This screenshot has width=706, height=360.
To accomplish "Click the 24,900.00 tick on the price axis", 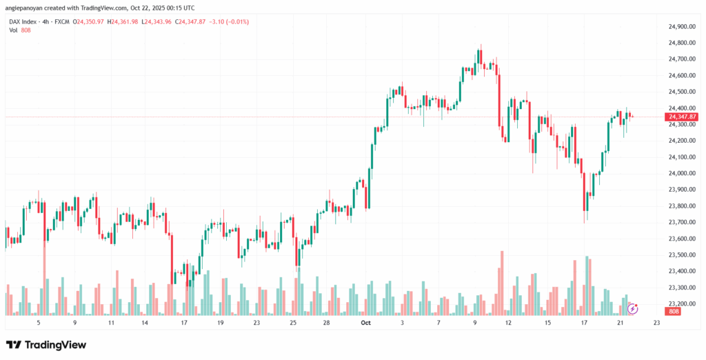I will pos(680,26).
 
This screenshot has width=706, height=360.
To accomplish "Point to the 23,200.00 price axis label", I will pos(680,303).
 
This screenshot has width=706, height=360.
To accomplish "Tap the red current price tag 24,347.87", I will pos(682,117).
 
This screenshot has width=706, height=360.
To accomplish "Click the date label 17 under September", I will pos(184,322).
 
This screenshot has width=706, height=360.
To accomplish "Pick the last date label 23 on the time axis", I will pos(655,322).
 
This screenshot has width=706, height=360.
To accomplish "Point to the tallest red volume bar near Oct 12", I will pos(501,283).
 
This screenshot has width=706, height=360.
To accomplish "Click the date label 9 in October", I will pos(476,322).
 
